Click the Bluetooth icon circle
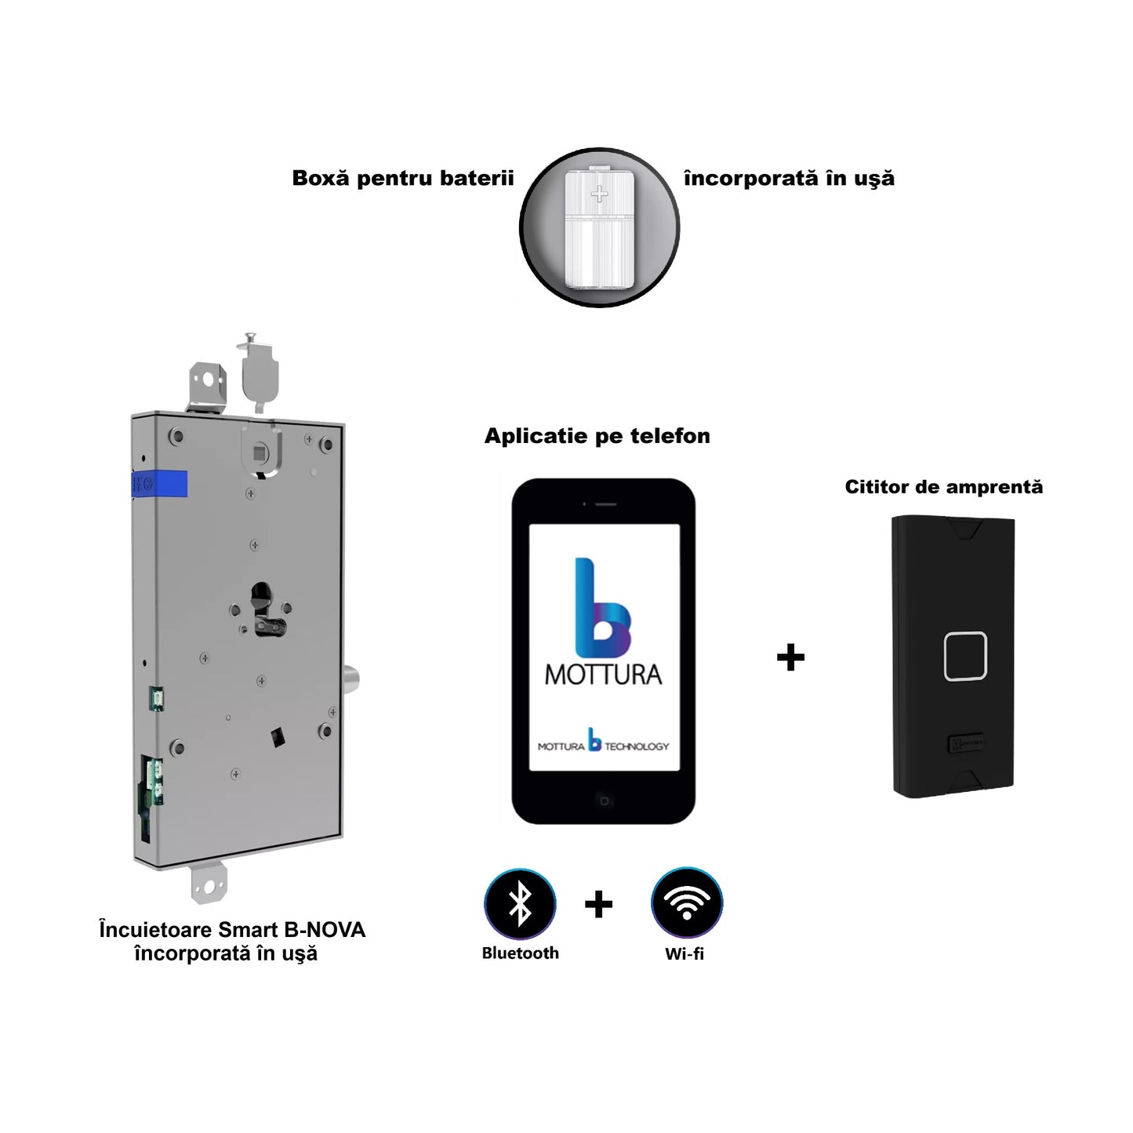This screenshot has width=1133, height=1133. point(520,903)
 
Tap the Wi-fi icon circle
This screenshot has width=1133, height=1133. point(686,903)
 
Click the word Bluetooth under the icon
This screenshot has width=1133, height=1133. point(520,953)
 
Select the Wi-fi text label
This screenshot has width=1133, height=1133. point(685,953)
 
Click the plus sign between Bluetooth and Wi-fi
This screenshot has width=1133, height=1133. point(598,905)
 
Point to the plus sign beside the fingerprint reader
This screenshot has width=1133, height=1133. point(790,657)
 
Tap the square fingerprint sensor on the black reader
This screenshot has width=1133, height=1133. point(965,655)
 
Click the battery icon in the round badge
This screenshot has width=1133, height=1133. point(599,227)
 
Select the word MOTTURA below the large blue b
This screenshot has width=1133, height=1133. point(603,675)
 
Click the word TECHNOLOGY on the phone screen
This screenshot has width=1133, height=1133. point(637,746)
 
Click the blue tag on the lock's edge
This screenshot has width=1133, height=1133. point(160,484)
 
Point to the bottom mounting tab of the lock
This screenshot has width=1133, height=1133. point(209,883)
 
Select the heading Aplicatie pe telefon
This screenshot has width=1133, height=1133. point(597,436)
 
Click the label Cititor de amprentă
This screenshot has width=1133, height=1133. point(943,487)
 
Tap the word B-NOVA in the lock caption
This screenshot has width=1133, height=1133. point(324,930)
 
